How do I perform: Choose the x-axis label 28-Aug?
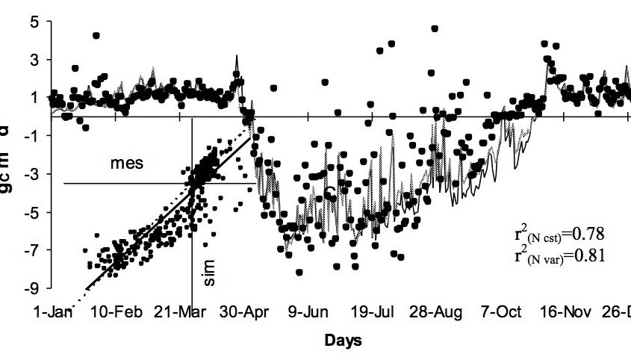coord(434,311)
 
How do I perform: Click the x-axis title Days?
coord(343,341)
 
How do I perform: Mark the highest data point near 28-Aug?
coord(435,29)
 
